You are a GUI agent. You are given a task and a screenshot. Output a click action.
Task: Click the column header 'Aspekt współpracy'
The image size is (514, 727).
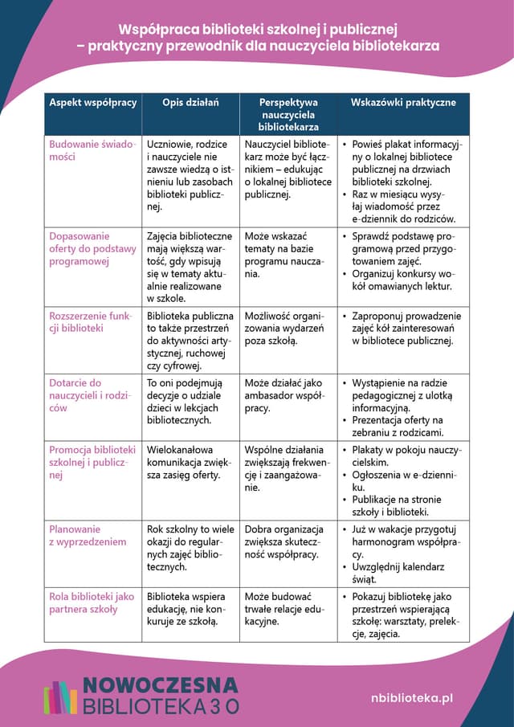pyautogui.click(x=93, y=103)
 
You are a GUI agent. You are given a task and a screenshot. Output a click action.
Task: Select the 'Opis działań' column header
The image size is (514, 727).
pyautogui.click(x=190, y=103)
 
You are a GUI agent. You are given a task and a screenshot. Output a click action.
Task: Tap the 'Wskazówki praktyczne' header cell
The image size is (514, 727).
pyautogui.click(x=403, y=103)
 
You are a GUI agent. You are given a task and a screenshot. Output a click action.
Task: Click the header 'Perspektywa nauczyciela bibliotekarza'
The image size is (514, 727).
pyautogui.click(x=288, y=114)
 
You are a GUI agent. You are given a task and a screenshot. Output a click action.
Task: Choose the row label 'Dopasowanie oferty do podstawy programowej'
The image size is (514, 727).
pyautogui.click(x=92, y=249)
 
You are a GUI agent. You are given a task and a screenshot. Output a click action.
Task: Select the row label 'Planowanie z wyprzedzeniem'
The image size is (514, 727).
pyautogui.click(x=88, y=535)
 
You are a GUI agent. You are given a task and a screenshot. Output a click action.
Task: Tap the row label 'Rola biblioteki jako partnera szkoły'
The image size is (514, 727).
pyautogui.click(x=92, y=602)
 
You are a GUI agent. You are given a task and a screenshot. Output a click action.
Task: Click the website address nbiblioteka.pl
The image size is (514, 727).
pyautogui.click(x=412, y=698)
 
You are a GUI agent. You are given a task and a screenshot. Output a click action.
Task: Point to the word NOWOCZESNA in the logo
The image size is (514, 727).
pyautogui.click(x=161, y=685)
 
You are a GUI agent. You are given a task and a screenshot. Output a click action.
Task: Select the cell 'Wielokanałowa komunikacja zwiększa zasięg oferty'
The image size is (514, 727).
pyautogui.click(x=190, y=462)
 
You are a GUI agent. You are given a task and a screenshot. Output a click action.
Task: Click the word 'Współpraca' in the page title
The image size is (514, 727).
pyautogui.click(x=162, y=31)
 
